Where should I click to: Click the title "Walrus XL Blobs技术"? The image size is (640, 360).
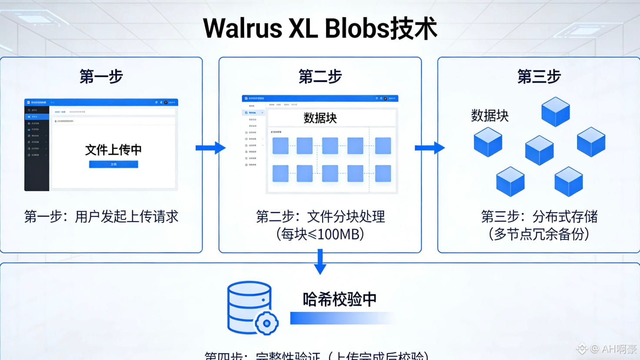pyautogui.click(x=320, y=29)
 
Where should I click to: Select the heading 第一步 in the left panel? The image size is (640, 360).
pyautogui.click(x=101, y=77)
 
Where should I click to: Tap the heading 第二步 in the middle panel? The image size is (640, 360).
pyautogui.click(x=320, y=77)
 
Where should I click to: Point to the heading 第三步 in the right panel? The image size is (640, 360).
pyautogui.click(x=539, y=77)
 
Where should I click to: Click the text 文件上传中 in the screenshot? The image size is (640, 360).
pyautogui.click(x=113, y=150)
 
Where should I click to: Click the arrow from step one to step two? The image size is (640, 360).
pyautogui.click(x=210, y=148)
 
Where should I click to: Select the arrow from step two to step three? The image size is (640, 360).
pyautogui.click(x=430, y=148)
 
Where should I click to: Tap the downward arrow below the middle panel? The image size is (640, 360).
pyautogui.click(x=320, y=262)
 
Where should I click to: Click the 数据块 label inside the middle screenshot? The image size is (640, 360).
pyautogui.click(x=320, y=118)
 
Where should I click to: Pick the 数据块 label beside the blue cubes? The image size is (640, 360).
pyautogui.click(x=490, y=116)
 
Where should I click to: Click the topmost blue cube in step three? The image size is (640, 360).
pyautogui.click(x=556, y=112)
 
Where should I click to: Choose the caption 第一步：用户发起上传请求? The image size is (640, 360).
pyautogui.click(x=101, y=217)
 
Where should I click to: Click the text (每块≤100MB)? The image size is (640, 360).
pyautogui.click(x=320, y=234)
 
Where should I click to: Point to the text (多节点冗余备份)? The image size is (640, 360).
pyautogui.click(x=539, y=234)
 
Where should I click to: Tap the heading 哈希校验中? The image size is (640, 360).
pyautogui.click(x=340, y=299)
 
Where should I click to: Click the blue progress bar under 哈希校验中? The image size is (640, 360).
pyautogui.click(x=330, y=318)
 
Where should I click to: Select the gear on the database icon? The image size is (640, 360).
pyautogui.click(x=267, y=323)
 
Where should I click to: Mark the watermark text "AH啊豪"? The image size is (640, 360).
pyautogui.click(x=619, y=349)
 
